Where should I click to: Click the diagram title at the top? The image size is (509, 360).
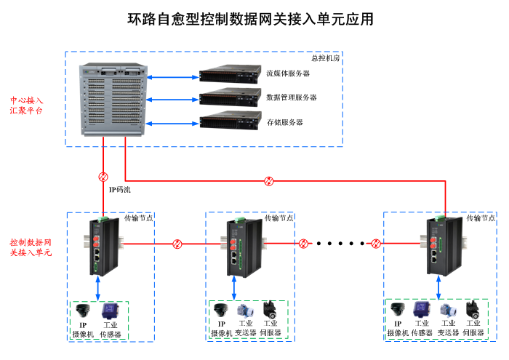tap(251, 20)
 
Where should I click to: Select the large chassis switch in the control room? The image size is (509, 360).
tap(114, 99)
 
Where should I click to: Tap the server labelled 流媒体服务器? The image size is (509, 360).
tap(230, 73)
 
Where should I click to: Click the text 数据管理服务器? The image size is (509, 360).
tap(292, 97)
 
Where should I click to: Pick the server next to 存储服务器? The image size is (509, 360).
tap(230, 121)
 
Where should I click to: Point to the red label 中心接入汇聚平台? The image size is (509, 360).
tap(26, 105)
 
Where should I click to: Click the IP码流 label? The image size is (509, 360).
tap(120, 191)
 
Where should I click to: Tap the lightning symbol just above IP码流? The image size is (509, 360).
tap(103, 176)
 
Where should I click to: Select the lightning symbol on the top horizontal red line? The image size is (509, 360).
tap(269, 180)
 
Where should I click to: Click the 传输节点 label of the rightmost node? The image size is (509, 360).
tap(481, 218)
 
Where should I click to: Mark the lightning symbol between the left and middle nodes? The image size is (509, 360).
tap(177, 244)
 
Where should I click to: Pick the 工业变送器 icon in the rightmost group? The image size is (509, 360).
tap(446, 310)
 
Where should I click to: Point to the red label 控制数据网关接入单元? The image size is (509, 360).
tap(31, 247)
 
